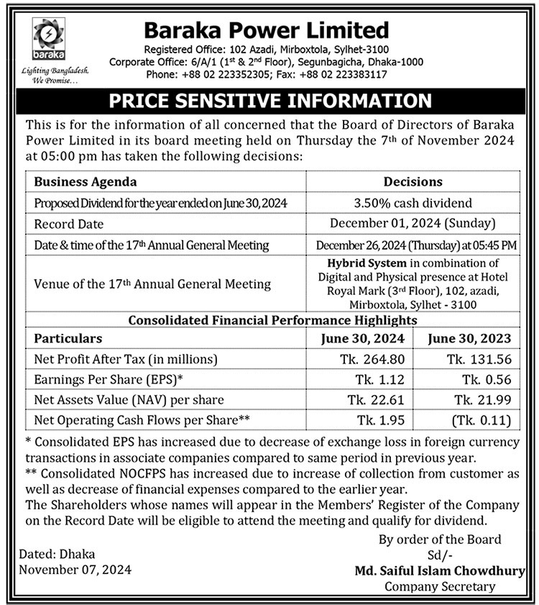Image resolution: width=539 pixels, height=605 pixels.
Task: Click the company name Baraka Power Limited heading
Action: point(266,30)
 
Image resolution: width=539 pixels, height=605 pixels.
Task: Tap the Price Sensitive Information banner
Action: point(269,100)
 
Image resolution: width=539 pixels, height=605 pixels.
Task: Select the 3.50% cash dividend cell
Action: point(413,204)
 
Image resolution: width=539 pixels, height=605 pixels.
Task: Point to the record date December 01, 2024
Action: point(413,224)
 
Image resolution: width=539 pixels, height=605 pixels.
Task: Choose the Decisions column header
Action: point(413,182)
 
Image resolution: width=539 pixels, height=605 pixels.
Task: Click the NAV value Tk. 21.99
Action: point(477,399)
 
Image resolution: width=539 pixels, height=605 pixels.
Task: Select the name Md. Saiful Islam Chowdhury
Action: point(440,570)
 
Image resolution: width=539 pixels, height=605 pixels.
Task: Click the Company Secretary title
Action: point(440,586)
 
